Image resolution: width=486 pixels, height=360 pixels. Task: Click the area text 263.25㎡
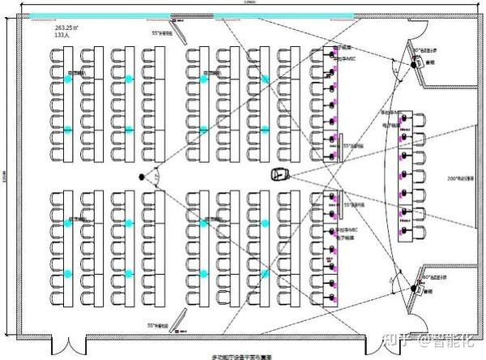47,27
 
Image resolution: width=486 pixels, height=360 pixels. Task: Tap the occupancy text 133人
40,35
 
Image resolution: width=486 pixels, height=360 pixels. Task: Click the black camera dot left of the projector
142,175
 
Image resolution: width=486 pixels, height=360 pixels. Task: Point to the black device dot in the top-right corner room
414,65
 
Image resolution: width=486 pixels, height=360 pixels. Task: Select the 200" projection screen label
463,178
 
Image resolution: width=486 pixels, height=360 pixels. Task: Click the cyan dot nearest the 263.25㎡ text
68,79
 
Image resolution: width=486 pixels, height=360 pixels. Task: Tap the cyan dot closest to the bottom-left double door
68,274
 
